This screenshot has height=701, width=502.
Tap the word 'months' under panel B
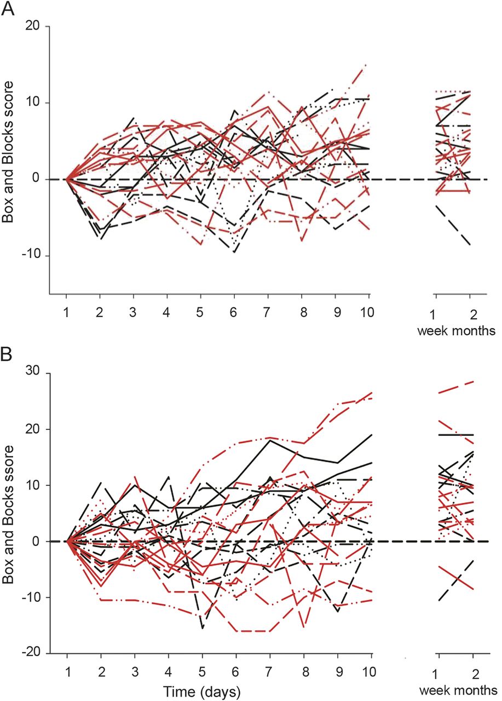pos(479,689)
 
